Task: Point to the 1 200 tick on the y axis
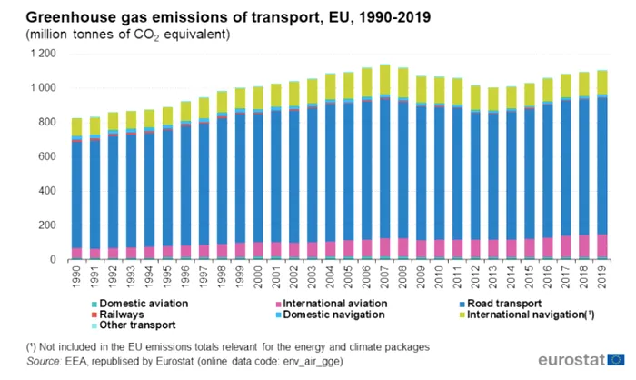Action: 42,54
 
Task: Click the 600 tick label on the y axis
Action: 47,156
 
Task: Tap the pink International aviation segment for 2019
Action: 601,246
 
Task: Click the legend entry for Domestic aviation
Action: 141,303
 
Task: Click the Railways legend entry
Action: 122,314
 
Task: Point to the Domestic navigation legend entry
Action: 336,314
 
